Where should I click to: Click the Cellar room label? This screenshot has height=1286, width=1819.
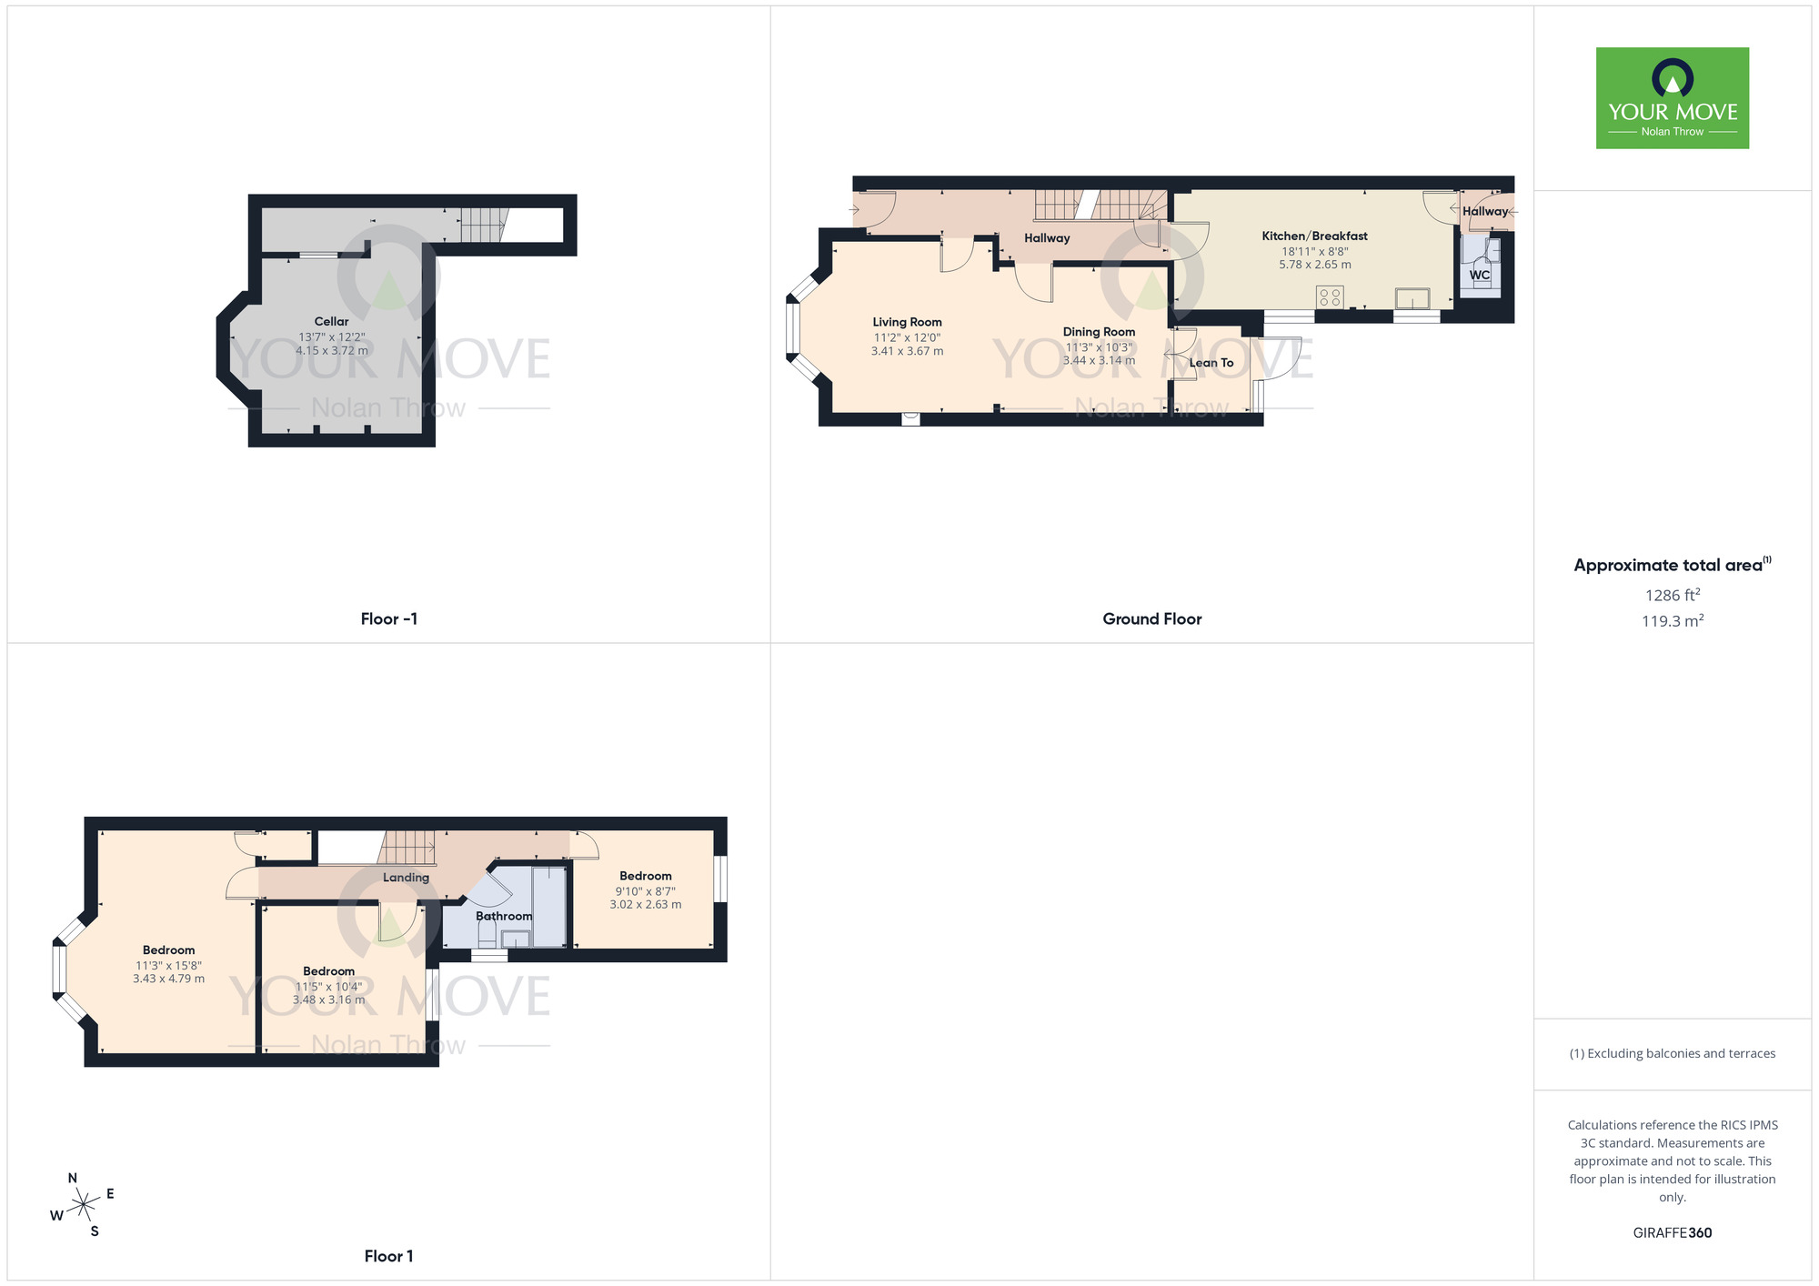coord(331,321)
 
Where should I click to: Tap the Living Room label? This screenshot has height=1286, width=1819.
coord(907,322)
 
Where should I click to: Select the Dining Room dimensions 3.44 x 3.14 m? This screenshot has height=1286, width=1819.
coord(1099,360)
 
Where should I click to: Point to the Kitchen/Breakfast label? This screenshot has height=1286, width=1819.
coord(1314,236)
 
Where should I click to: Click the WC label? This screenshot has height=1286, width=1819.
coord(1480,275)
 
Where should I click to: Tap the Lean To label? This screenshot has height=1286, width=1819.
coord(1211,363)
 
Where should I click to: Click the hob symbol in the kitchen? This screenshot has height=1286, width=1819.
coord(1330,296)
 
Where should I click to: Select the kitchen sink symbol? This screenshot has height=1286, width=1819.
coord(1412,298)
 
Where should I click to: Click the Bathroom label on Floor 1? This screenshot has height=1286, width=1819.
coord(504,916)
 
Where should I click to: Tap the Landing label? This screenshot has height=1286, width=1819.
coord(406,878)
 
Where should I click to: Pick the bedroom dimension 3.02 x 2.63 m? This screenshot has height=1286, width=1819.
coord(645,904)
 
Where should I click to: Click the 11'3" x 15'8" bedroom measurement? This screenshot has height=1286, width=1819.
coord(168,965)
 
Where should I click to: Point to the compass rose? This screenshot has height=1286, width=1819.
coord(83,1205)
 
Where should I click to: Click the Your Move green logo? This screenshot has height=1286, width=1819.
coord(1672,98)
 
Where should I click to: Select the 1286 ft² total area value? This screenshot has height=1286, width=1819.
coord(1672,595)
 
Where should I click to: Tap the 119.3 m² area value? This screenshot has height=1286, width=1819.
coord(1672,621)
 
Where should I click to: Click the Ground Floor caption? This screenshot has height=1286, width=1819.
coord(1151,618)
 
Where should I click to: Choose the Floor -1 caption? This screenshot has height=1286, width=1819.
coord(388,618)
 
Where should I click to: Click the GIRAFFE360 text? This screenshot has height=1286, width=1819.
coord(1672,1232)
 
